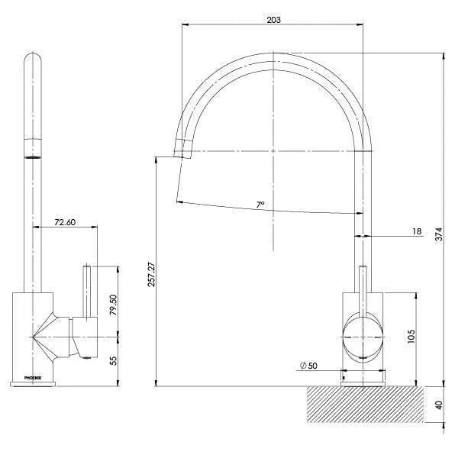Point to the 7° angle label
(260, 205)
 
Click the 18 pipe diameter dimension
(416, 231)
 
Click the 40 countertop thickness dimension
(438, 405)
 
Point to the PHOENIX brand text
(34, 377)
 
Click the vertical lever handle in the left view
(88, 290)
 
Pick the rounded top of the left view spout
(33, 61)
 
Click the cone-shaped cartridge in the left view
(49, 336)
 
